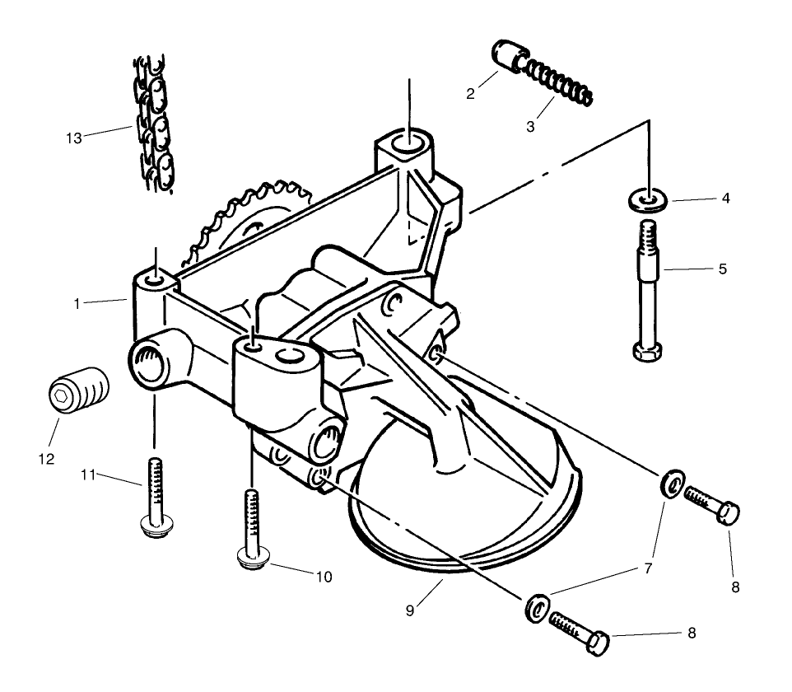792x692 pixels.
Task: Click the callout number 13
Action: pyautogui.click(x=74, y=138)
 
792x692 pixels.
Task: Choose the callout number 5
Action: pyautogui.click(x=722, y=269)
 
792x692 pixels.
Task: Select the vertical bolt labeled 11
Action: pyautogui.click(x=155, y=499)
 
